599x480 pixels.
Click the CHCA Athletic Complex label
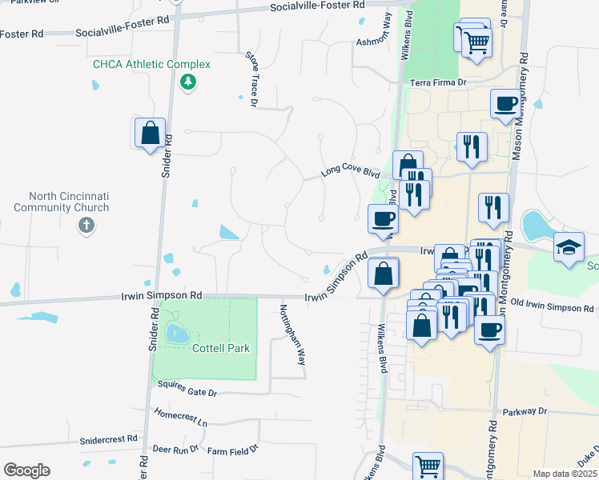pyautogui.click(x=151, y=64)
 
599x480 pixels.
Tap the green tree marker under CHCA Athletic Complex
pyautogui.click(x=188, y=82)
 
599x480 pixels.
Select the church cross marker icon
pyautogui.click(x=86, y=226)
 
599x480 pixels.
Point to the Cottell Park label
pyautogui.click(x=221, y=348)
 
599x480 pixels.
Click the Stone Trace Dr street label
pyautogui.click(x=251, y=78)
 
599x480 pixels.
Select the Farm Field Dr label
pyautogui.click(x=232, y=450)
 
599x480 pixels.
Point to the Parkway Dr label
pyautogui.click(x=525, y=411)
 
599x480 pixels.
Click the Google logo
pyautogui.click(x=26, y=470)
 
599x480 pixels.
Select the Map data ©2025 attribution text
pyautogui.click(x=565, y=474)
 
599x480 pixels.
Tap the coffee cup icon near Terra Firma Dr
pyautogui.click(x=505, y=104)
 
